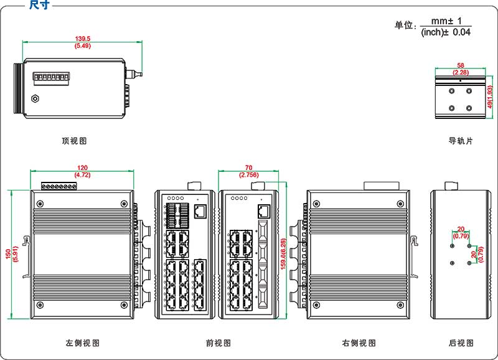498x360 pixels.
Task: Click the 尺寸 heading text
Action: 39,5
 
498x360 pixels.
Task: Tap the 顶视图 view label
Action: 74,141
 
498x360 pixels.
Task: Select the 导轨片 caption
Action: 461,141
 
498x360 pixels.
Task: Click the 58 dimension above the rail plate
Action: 460,65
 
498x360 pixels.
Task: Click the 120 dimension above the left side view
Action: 82,168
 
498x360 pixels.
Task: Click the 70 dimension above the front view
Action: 248,168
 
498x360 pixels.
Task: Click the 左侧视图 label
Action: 82,343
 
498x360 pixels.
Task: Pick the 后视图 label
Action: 461,343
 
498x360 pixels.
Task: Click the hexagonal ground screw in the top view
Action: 35,98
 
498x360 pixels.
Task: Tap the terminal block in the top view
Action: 50,77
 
